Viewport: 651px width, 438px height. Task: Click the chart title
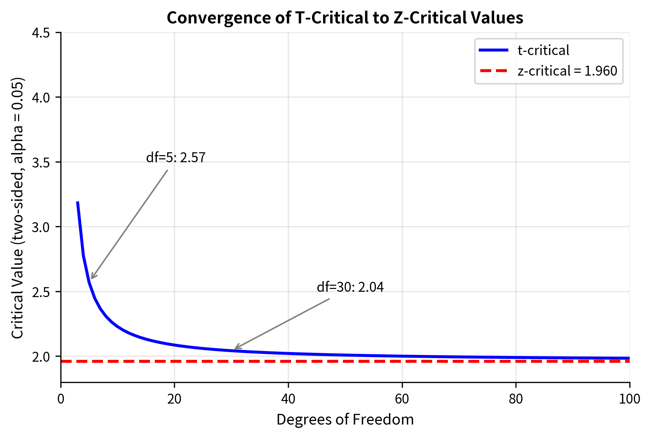(x=345, y=18)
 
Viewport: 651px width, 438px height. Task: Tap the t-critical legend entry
(x=543, y=50)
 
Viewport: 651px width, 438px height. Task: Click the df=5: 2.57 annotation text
(x=176, y=157)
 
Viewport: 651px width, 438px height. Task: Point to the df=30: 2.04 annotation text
(x=350, y=287)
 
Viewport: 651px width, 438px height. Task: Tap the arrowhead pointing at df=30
(x=236, y=348)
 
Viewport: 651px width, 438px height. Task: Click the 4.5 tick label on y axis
(x=41, y=33)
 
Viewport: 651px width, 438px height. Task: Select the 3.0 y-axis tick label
(x=41, y=227)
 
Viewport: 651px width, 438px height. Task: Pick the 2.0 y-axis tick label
(x=41, y=356)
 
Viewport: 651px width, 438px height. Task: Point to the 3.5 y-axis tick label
(x=41, y=162)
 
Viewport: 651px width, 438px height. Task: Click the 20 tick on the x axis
(x=174, y=399)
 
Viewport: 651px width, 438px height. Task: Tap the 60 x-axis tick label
(x=402, y=399)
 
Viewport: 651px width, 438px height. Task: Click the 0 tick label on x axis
(x=61, y=399)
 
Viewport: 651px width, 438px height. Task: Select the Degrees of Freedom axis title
(x=345, y=420)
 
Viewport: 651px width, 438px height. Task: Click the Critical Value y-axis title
(x=17, y=208)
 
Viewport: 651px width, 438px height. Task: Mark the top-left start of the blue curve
(x=78, y=203)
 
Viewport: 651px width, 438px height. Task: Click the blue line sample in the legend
(x=493, y=50)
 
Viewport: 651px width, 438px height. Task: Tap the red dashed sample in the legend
(x=493, y=71)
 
